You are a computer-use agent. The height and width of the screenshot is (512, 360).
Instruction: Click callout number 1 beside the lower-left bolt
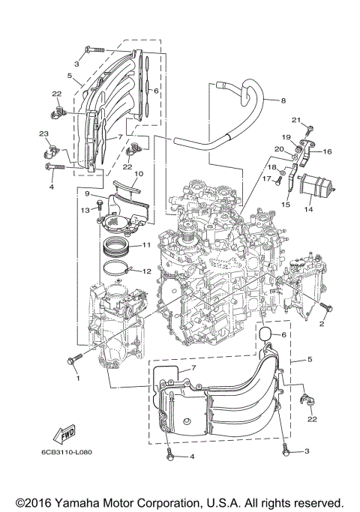[x=76, y=378]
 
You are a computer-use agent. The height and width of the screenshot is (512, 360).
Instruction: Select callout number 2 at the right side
[x=322, y=325]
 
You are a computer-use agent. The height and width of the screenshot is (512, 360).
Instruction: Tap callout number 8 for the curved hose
[x=283, y=100]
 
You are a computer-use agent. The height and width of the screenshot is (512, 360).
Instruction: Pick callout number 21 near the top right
[x=296, y=120]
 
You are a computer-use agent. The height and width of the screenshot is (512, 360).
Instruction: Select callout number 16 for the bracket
[x=327, y=151]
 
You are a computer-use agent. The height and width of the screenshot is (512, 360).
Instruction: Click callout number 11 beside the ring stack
[x=147, y=245]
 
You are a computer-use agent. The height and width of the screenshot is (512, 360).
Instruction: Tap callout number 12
[x=147, y=271]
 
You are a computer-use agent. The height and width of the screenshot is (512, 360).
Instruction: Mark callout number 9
[x=88, y=193]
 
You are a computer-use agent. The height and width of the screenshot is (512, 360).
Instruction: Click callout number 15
[x=285, y=204]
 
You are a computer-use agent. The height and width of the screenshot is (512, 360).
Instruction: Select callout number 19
[x=286, y=138]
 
